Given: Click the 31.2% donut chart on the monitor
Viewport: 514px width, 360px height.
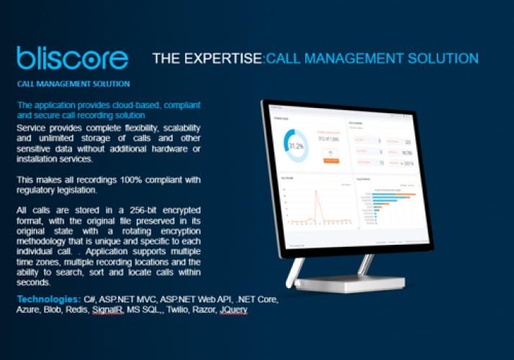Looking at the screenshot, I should [296, 145].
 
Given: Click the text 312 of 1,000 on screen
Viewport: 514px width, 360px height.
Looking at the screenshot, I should [329, 138].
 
